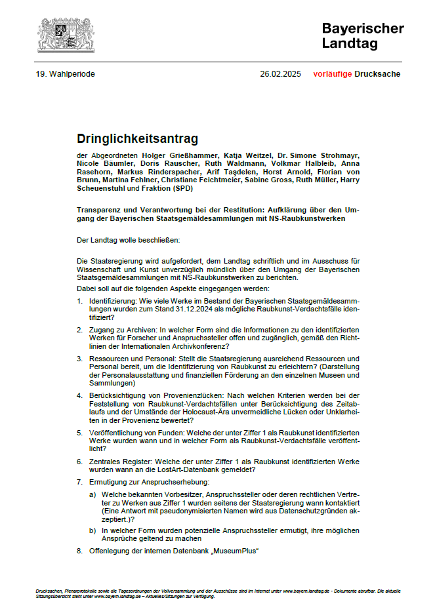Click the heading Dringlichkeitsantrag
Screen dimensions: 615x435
point(137,139)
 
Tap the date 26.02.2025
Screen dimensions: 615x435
point(280,74)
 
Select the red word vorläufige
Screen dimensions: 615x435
point(332,74)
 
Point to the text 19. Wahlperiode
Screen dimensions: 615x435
point(66,74)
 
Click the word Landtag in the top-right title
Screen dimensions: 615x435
point(350,43)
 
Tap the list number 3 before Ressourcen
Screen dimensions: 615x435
point(79,359)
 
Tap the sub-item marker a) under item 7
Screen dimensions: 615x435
point(93,494)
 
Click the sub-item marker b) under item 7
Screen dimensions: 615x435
point(93,530)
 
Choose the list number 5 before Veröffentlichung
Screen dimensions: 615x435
point(79,433)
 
